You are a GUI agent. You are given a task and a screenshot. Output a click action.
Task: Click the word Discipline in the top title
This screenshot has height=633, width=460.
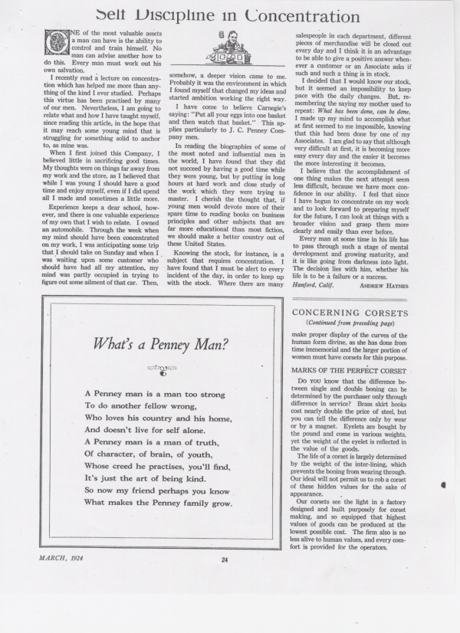(196, 13)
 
